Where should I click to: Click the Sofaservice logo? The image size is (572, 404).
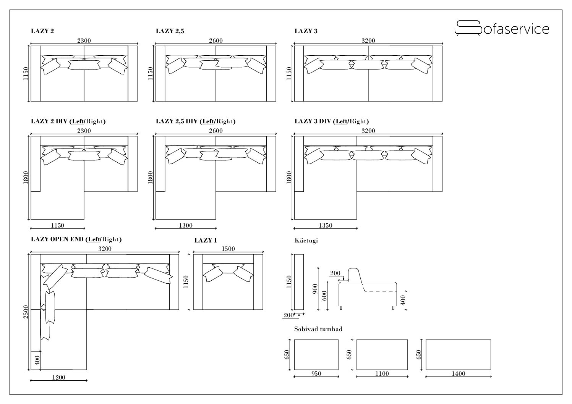(x=501, y=29)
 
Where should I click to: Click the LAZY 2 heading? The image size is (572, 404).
(x=42, y=31)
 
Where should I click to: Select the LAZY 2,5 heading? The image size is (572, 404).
(x=170, y=31)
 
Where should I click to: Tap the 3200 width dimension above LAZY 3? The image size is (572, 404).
(x=368, y=41)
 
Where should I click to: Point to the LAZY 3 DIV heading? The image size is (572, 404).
(x=331, y=121)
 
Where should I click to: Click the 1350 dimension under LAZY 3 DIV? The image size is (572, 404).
(x=325, y=225)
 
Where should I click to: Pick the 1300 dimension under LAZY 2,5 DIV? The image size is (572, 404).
(x=185, y=225)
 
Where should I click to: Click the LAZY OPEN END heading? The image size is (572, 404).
(x=76, y=239)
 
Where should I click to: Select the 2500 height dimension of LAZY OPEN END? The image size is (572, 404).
(x=26, y=312)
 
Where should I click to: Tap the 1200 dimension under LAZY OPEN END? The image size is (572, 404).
(x=58, y=377)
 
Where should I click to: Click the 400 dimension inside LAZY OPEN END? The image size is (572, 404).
(x=37, y=360)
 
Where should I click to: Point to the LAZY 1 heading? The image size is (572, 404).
(x=206, y=240)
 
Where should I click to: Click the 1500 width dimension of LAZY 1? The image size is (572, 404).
(x=228, y=249)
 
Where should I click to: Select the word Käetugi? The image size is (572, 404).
(x=306, y=241)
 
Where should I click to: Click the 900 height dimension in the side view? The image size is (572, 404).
(x=315, y=288)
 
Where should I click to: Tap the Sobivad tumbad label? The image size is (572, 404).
(x=318, y=329)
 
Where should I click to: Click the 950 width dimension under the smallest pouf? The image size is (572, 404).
(x=316, y=373)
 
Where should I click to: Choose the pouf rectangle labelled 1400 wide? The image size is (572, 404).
(x=458, y=354)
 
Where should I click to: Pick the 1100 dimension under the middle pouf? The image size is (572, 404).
(x=382, y=373)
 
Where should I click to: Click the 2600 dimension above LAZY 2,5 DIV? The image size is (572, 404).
(x=216, y=131)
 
